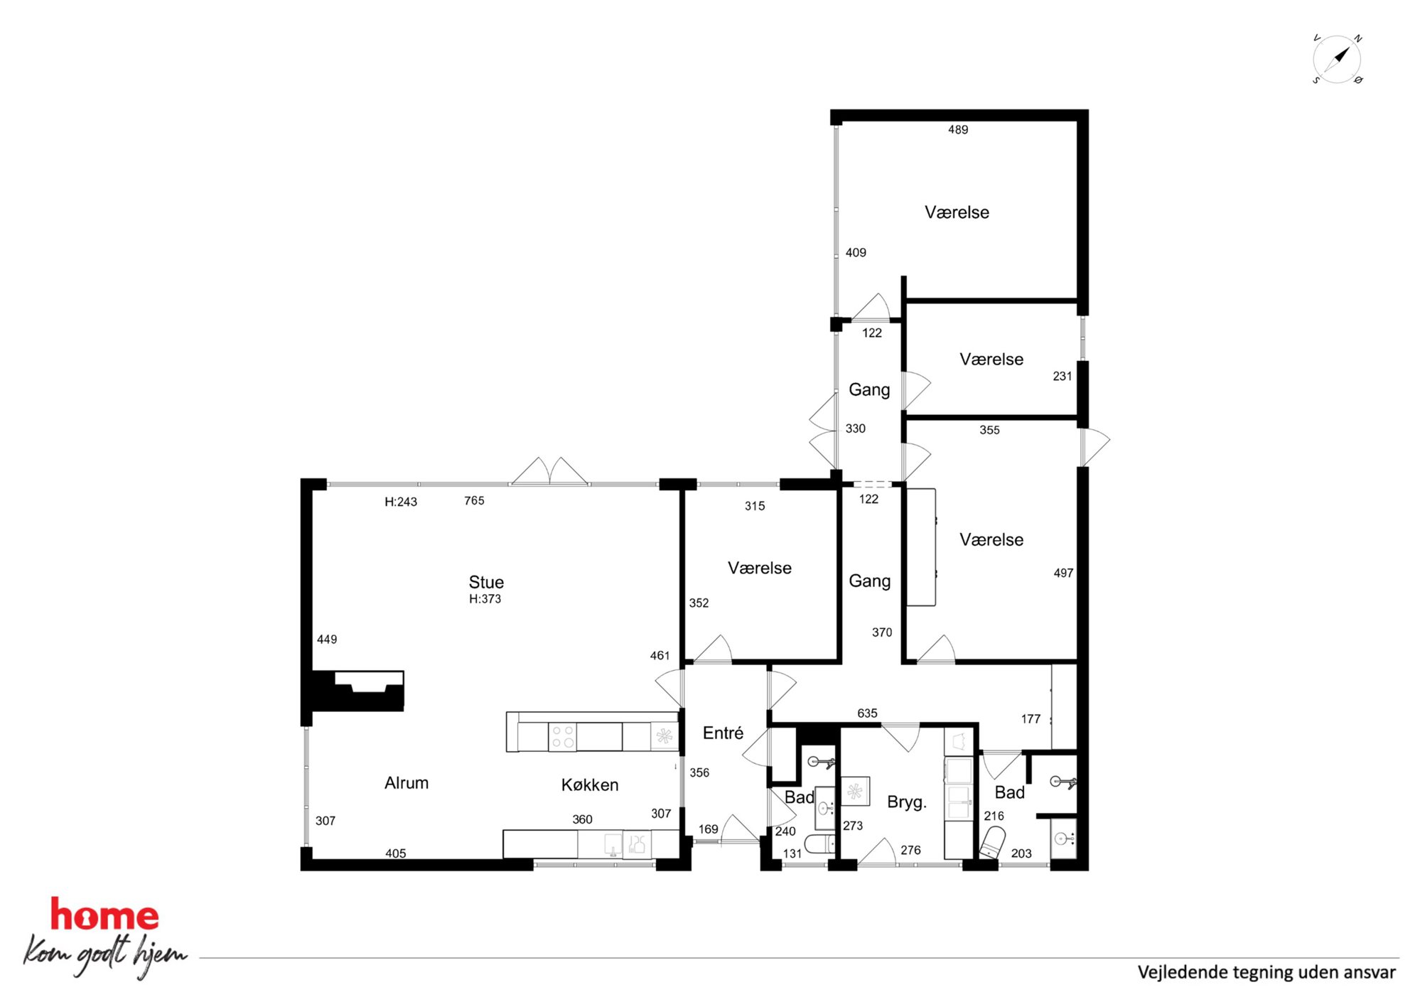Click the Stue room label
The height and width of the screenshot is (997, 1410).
pyautogui.click(x=486, y=582)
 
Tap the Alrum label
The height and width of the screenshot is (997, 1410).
pyautogui.click(x=407, y=783)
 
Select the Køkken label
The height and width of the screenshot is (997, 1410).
pyautogui.click(x=590, y=785)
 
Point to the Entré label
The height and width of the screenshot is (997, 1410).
pyautogui.click(x=723, y=733)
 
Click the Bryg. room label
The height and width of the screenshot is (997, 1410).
pyautogui.click(x=907, y=802)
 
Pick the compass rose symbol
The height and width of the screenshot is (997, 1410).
pyautogui.click(x=1337, y=59)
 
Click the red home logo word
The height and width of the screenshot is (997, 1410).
pyautogui.click(x=104, y=915)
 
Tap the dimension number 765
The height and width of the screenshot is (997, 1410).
pyautogui.click(x=474, y=501)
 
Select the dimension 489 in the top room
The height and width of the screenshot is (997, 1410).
pyautogui.click(x=958, y=129)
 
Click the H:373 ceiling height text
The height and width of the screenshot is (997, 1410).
pyautogui.click(x=485, y=599)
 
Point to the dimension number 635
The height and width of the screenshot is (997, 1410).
pyautogui.click(x=867, y=713)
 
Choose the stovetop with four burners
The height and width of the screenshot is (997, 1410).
pyautogui.click(x=563, y=736)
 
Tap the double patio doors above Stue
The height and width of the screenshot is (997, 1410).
pyautogui.click(x=550, y=472)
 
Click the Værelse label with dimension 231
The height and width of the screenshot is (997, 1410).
pyautogui.click(x=991, y=359)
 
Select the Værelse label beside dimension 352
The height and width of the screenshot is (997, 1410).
pyautogui.click(x=760, y=568)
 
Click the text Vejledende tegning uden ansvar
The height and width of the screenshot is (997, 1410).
pyautogui.click(x=1266, y=972)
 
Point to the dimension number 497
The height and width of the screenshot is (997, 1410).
pyautogui.click(x=1063, y=573)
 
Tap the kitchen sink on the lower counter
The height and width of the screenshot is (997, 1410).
pyautogui.click(x=613, y=844)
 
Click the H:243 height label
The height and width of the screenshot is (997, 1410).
pyautogui.click(x=401, y=502)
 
